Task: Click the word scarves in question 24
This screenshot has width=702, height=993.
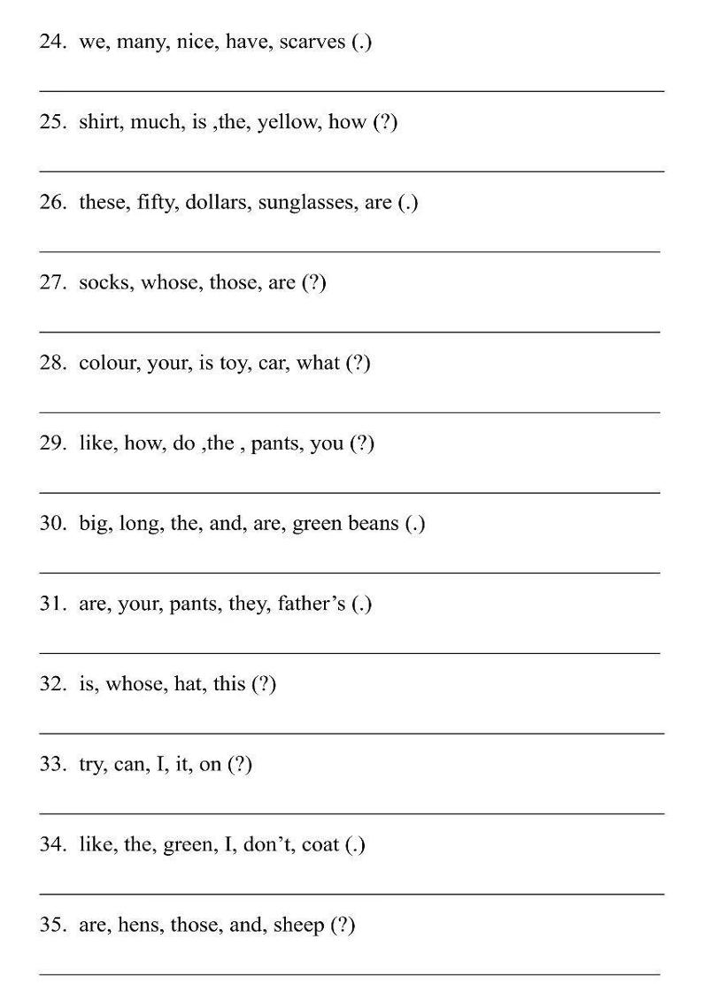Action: [312, 42]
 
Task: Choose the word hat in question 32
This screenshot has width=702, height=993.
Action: [187, 684]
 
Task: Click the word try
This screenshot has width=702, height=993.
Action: [91, 765]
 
